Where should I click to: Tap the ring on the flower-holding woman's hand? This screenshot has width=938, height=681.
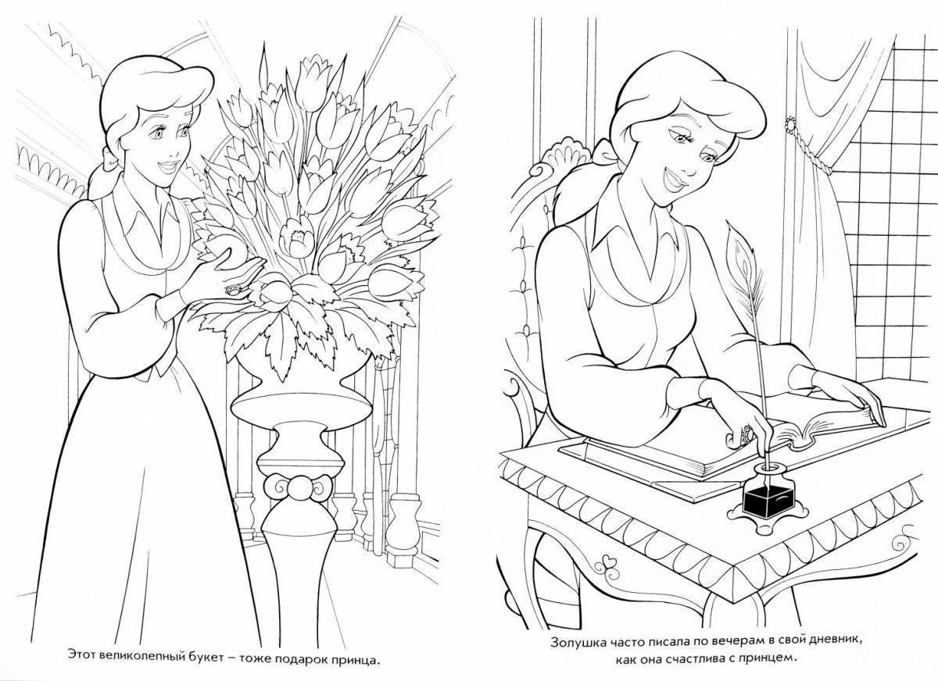tap(231, 290)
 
